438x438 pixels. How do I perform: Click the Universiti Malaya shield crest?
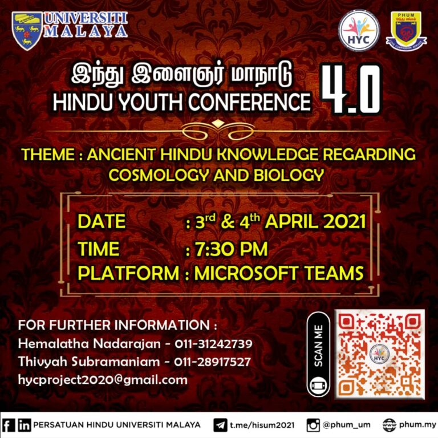coord(27,31)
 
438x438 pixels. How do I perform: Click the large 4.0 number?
coord(352,90)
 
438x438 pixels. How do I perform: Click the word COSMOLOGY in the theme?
coord(159,175)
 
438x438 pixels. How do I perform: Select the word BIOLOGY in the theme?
coord(289,175)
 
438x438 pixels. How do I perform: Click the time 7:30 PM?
coord(231,249)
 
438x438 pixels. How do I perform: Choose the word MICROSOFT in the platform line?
coord(246,273)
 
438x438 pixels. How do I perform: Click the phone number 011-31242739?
coord(213,343)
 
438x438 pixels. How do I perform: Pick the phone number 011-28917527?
coord(212,362)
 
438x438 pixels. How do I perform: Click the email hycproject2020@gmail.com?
coord(103,380)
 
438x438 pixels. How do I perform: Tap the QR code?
coord(380,354)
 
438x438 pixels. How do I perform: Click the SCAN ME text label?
coord(318,346)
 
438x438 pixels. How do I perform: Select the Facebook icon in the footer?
coord(9,425)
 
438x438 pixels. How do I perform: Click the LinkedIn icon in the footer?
coord(25,425)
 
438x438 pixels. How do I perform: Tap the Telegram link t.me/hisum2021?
coord(262,425)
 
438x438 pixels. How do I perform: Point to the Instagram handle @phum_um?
coord(346,425)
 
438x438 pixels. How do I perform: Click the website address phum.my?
coord(417,425)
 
